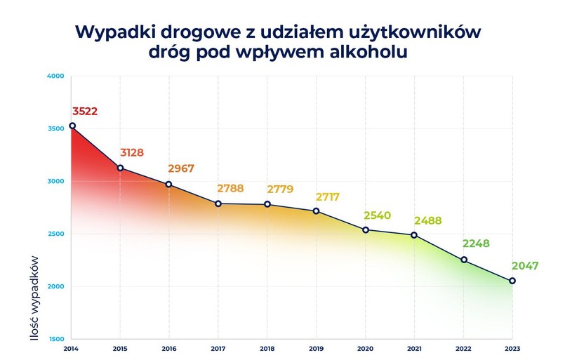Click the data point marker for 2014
click(x=72, y=126)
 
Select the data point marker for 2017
click(x=218, y=204)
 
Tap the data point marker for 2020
click(x=366, y=229)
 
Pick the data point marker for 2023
click(x=512, y=281)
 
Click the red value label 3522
click(x=85, y=111)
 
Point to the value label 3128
click(x=131, y=152)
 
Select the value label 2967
click(x=181, y=168)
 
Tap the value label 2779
click(x=280, y=189)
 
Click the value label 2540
click(x=377, y=215)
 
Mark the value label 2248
click(x=475, y=244)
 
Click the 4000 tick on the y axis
click(x=55, y=76)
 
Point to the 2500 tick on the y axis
click(x=55, y=234)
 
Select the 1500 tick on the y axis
click(x=55, y=339)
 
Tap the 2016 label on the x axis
click(x=169, y=349)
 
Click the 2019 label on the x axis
click(x=317, y=349)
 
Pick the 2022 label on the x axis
click(x=463, y=349)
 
